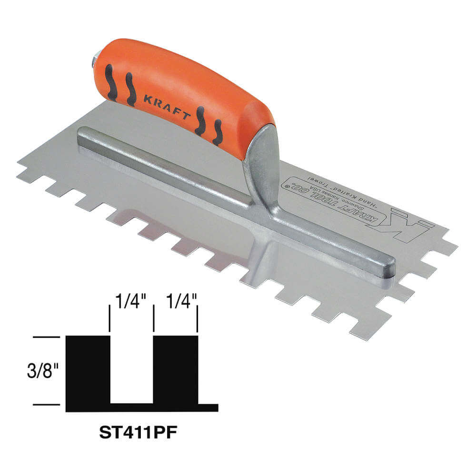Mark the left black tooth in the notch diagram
(88, 369)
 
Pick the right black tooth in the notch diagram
(175, 369)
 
